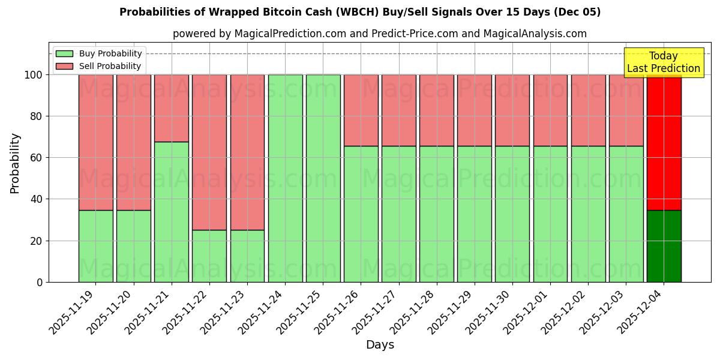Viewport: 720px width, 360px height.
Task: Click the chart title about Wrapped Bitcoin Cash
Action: [360, 12]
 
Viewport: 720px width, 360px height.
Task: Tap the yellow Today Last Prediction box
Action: [663, 62]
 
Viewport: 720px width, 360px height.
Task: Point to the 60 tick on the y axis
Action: [37, 158]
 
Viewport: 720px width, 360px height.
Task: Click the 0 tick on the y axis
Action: [40, 282]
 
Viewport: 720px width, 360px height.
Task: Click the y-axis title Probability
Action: [15, 163]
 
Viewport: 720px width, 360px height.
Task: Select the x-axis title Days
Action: [380, 345]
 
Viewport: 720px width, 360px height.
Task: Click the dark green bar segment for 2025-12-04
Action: [664, 246]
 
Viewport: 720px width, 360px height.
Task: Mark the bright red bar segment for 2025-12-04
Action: [664, 142]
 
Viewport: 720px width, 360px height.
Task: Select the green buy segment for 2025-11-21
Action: [172, 212]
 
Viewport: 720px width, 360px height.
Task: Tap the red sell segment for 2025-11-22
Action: [209, 152]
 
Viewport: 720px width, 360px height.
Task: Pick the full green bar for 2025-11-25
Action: [323, 178]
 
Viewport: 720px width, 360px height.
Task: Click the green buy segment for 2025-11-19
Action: [95, 246]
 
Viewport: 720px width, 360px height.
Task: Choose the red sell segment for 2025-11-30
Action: [512, 110]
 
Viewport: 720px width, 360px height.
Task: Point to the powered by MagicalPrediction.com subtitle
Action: [380, 34]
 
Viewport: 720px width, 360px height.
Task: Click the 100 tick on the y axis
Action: [34, 75]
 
